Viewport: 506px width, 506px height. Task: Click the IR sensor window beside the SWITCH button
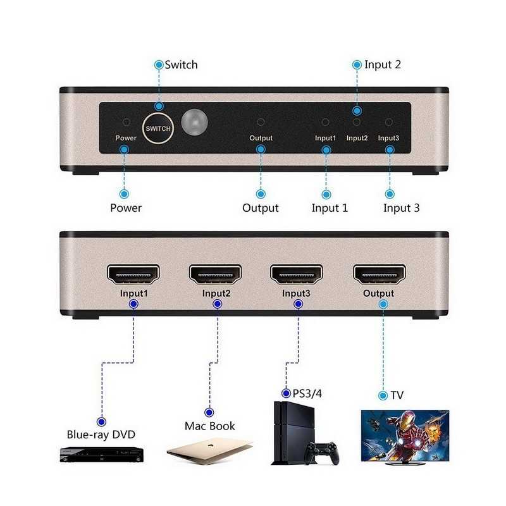point(194,122)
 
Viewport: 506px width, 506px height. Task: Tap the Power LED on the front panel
point(126,122)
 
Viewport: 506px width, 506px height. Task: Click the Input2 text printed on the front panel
point(357,138)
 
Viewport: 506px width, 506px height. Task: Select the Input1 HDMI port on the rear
point(133,275)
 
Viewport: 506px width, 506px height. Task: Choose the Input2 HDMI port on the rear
point(215,275)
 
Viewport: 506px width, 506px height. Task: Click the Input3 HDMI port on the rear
point(297,275)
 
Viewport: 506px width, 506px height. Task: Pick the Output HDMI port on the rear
point(379,275)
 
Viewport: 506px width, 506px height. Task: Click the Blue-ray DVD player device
point(102,455)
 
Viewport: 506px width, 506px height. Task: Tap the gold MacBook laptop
point(210,451)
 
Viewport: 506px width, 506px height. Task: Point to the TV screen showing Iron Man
point(405,436)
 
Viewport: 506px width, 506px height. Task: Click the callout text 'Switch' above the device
point(181,65)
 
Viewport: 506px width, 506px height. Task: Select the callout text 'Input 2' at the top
point(383,65)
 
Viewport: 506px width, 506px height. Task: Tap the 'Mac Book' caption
point(210,426)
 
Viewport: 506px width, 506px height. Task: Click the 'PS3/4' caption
point(307,393)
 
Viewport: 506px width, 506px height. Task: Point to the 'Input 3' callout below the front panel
point(402,208)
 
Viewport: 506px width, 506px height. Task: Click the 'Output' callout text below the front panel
point(261,208)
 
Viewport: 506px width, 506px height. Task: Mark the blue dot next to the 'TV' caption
point(383,395)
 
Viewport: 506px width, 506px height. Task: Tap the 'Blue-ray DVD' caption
point(101,435)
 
